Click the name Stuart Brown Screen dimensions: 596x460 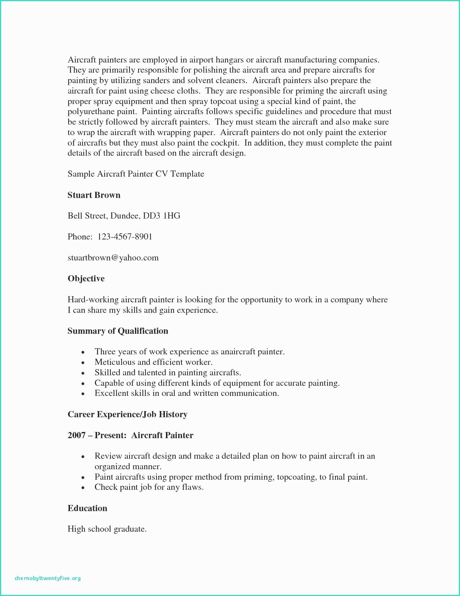pyautogui.click(x=94, y=195)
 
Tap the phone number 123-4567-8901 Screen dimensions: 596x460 pyautogui.click(x=125, y=237)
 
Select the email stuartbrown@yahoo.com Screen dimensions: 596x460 pyautogui.click(x=113, y=258)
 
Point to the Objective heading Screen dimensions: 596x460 pyautogui.click(x=86, y=278)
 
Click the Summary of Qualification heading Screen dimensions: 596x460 pyautogui.click(x=118, y=331)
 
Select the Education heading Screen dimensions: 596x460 pyautogui.click(x=87, y=508)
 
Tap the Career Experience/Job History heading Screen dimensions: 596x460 pyautogui.click(x=127, y=414)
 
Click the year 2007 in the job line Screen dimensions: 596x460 pyautogui.click(x=76, y=435)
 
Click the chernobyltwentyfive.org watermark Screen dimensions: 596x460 pyautogui.click(x=48, y=578)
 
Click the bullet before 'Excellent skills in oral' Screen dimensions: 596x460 pyautogui.click(x=83, y=394)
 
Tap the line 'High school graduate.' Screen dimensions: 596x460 pyautogui.click(x=107, y=529)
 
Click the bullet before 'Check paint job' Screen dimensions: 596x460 pyautogui.click(x=83, y=488)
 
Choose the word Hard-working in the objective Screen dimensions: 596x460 pyautogui.click(x=93, y=300)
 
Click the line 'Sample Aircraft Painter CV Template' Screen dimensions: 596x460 pyautogui.click(x=136, y=174)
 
